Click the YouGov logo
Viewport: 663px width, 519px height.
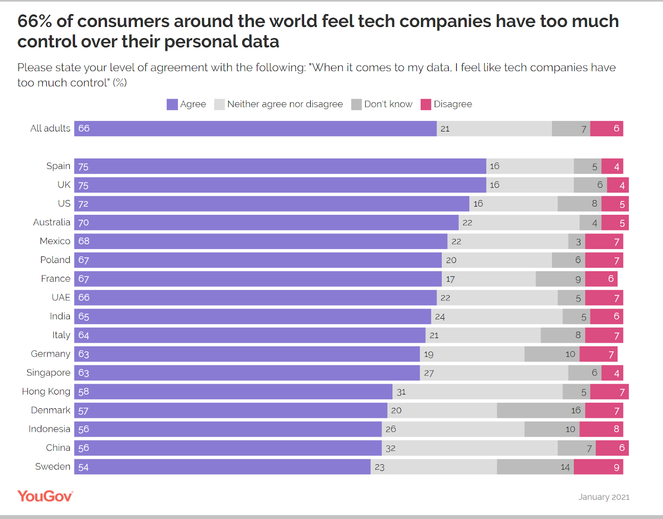[45, 496]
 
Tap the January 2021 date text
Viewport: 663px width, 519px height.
[604, 497]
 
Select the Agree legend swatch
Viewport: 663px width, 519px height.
[172, 104]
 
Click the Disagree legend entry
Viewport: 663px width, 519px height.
[447, 104]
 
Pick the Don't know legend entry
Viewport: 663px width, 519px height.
[382, 104]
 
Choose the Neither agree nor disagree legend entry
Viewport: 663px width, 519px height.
[279, 104]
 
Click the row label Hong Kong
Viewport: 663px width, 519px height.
[46, 391]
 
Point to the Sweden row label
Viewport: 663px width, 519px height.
[53, 466]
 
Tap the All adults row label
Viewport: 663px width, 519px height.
[50, 128]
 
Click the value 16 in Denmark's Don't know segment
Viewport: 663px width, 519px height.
[576, 410]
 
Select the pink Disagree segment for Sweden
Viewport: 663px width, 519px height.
[598, 467]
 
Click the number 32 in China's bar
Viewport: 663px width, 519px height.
[390, 448]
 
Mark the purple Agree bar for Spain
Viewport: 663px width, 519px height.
[280, 166]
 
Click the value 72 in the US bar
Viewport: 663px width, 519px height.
[83, 204]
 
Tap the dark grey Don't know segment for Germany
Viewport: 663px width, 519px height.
[552, 354]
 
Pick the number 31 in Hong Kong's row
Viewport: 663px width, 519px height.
[401, 392]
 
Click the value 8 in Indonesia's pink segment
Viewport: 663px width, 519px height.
[616, 429]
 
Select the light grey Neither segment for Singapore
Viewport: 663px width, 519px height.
[494, 373]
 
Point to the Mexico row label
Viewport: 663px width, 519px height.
[55, 241]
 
